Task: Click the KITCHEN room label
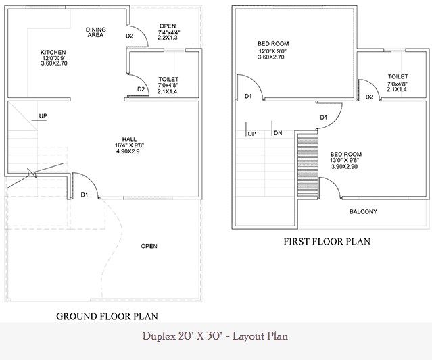coord(53,52)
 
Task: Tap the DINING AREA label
coord(95,32)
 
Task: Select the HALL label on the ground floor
coord(129,139)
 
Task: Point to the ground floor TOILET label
coord(168,79)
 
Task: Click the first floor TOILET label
coord(398,76)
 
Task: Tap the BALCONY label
coord(363,211)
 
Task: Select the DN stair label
coord(278,133)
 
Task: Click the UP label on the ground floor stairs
coord(43,116)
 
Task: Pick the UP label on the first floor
coord(251,134)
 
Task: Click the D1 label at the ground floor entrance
coord(85,195)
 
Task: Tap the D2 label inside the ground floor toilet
coord(141,89)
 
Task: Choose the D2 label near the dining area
coord(129,36)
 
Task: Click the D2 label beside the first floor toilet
coord(369,97)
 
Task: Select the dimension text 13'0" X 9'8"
coord(345,160)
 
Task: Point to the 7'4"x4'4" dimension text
coord(169,32)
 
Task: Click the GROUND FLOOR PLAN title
coord(107,317)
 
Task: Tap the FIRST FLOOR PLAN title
coord(327,241)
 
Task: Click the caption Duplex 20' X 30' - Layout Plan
coord(215,336)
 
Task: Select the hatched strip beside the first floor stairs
coord(308,165)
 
